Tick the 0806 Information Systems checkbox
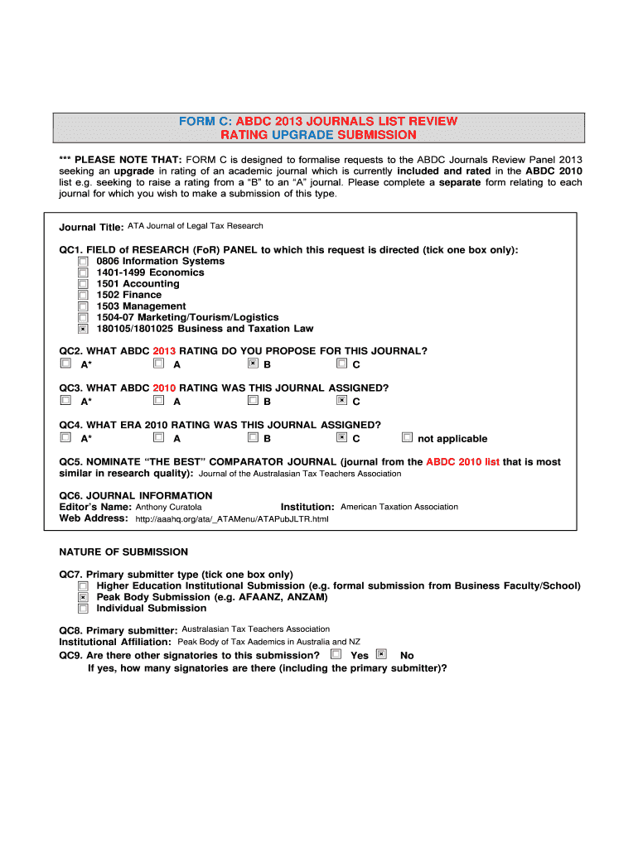[83, 261]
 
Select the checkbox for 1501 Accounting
[83, 283]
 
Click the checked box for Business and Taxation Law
[83, 329]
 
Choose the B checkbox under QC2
[254, 363]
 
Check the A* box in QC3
[65, 401]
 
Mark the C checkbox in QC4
[341, 437]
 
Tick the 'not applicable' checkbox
[407, 437]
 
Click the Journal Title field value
[195, 225]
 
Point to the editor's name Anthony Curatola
[168, 507]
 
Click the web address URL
[231, 519]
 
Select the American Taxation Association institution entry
[399, 507]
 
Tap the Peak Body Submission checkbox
[83, 597]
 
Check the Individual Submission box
[83, 609]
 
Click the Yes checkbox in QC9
[336, 654]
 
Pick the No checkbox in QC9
[381, 654]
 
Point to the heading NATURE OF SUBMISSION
[123, 552]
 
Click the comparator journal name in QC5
[300, 474]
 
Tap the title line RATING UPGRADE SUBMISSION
[318, 134]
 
